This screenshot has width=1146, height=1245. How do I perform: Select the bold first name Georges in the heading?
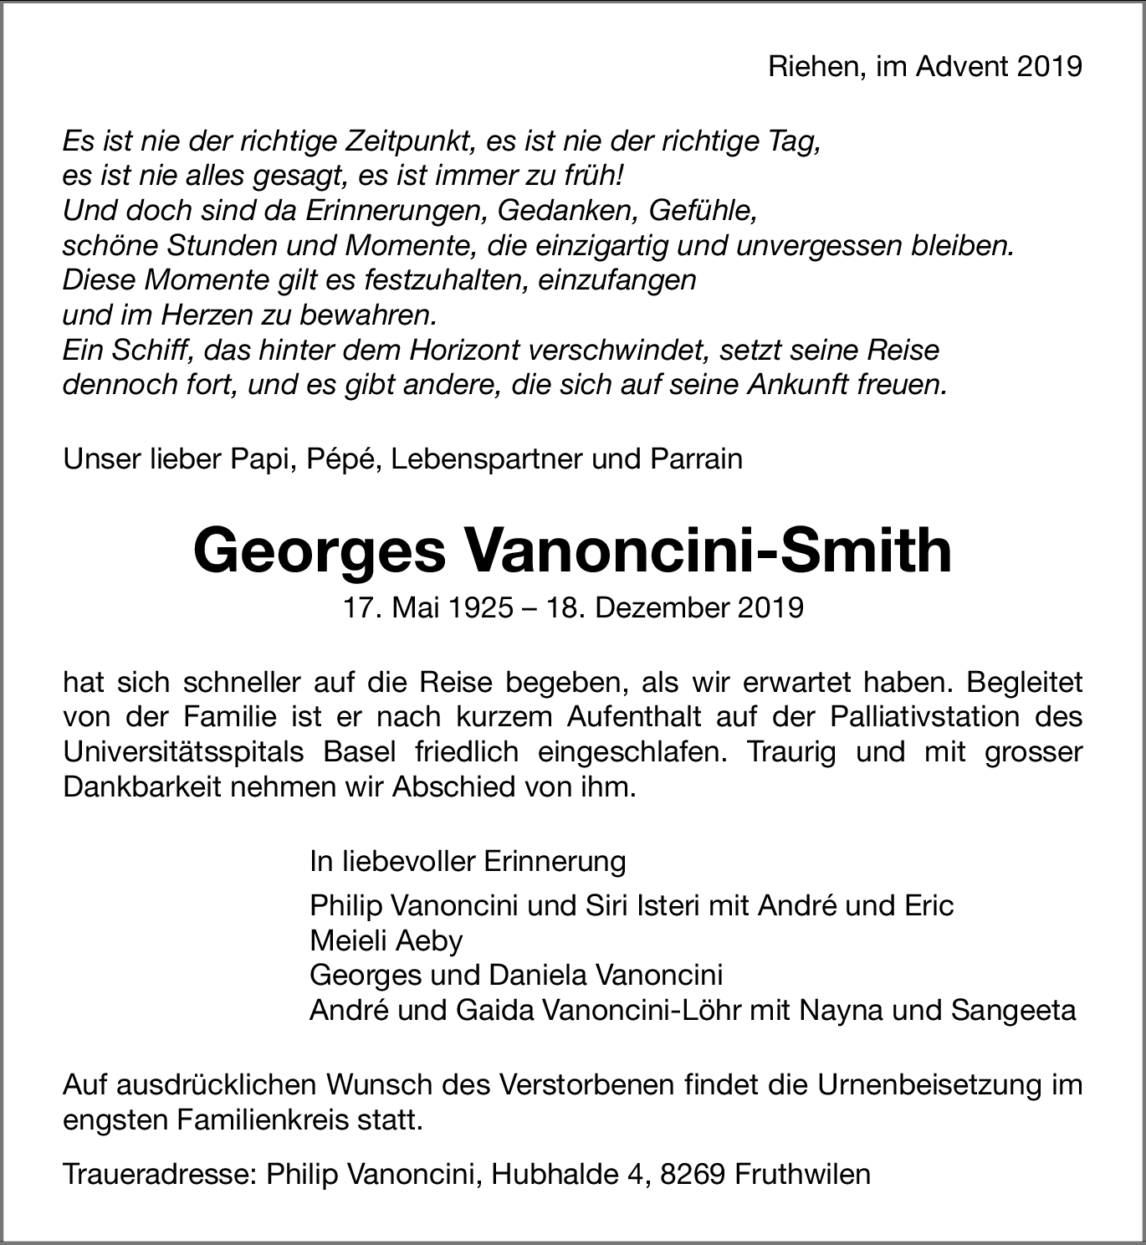pos(320,551)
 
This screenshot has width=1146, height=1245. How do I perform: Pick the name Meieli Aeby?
pos(386,940)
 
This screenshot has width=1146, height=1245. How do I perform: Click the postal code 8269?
pos(693,1174)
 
